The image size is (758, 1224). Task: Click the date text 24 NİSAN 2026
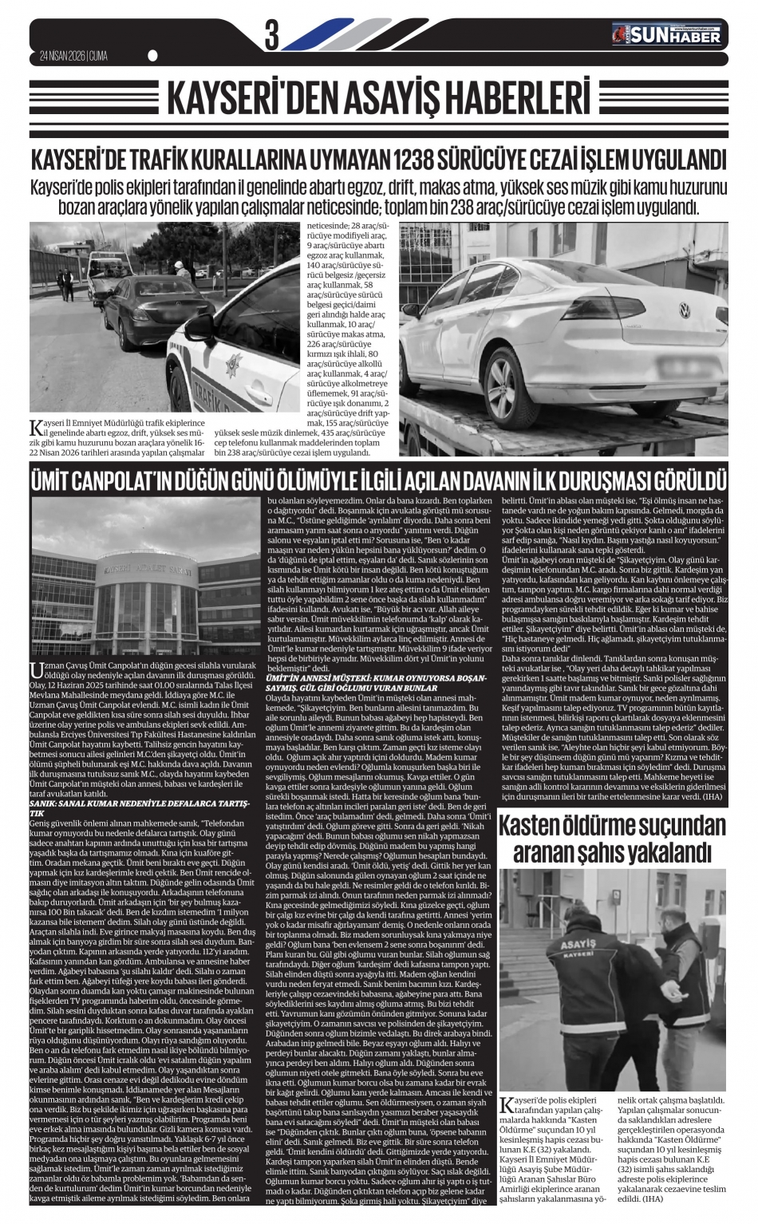click(62, 55)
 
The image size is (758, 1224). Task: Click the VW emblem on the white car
click(683, 307)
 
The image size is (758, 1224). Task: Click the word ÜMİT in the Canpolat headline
click(56, 481)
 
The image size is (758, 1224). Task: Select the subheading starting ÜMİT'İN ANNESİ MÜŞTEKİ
click(374, 679)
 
